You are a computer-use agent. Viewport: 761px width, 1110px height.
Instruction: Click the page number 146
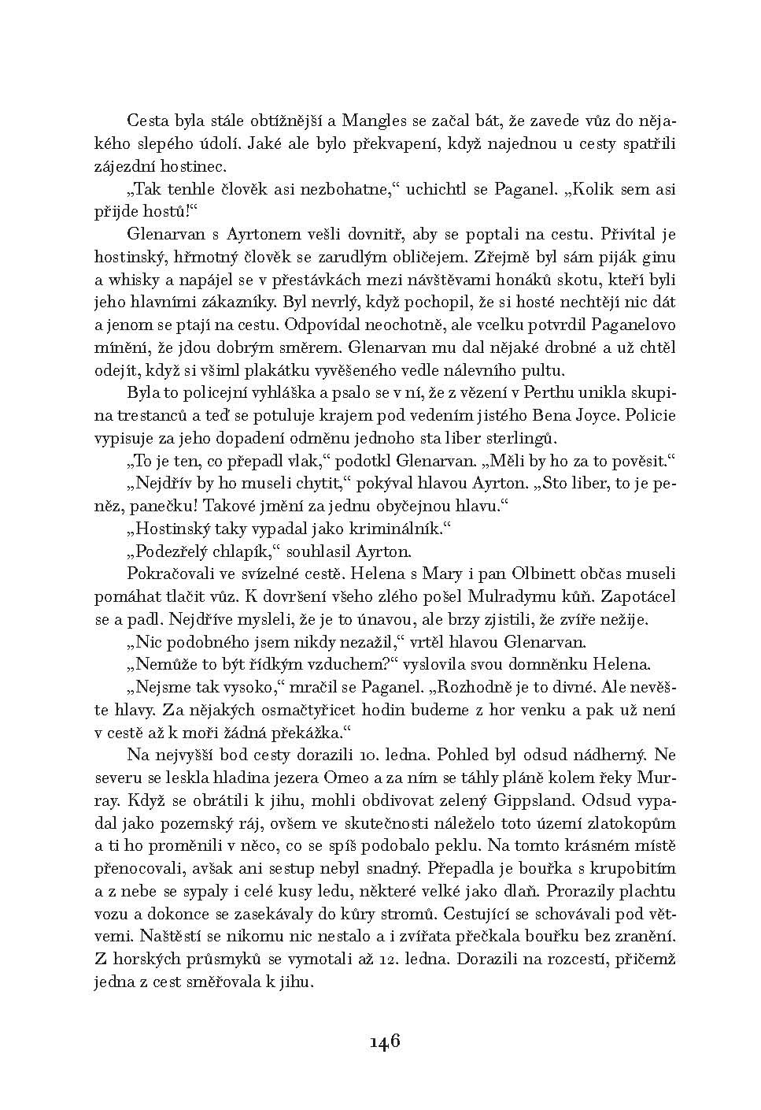[x=385, y=1041]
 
